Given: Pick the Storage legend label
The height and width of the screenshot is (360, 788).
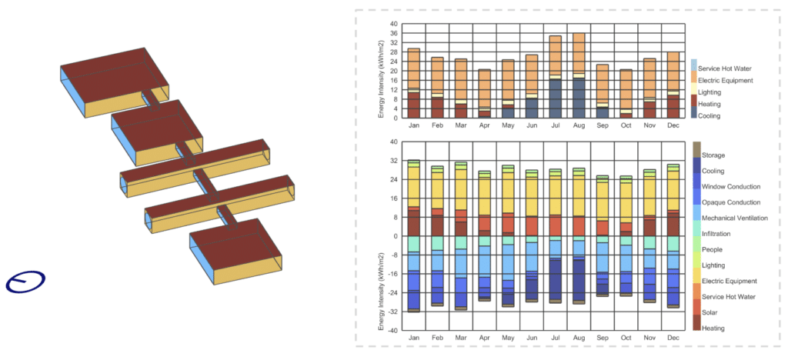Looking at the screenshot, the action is (713, 155).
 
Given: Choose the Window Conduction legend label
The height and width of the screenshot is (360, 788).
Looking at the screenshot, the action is (731, 186).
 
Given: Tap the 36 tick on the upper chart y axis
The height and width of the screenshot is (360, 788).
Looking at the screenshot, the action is (393, 33).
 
